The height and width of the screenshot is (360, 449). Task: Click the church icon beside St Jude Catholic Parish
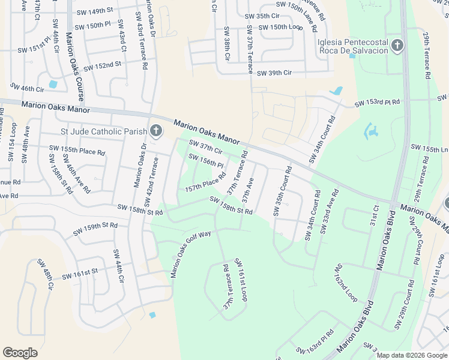click(x=155, y=131)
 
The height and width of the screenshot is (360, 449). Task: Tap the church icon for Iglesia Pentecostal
click(x=396, y=46)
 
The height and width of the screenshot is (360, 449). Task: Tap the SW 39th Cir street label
click(x=274, y=73)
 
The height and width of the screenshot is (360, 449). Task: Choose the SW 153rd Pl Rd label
click(x=377, y=103)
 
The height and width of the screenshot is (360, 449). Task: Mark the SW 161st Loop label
click(x=241, y=280)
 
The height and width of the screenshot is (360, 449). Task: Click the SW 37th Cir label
click(x=206, y=146)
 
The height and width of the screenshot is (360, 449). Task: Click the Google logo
click(x=20, y=353)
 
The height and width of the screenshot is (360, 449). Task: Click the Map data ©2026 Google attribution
click(x=411, y=355)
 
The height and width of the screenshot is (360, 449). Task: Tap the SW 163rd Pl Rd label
click(x=315, y=341)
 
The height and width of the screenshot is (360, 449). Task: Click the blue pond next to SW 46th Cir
click(x=53, y=85)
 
